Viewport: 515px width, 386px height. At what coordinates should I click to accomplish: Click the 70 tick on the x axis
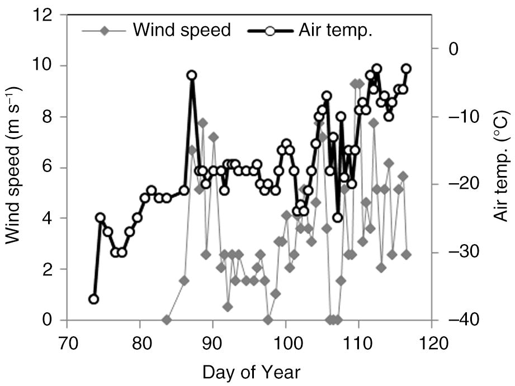point(67,340)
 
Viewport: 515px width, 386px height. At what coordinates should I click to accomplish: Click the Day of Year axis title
point(251,371)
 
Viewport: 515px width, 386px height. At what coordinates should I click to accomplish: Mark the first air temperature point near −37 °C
point(93,299)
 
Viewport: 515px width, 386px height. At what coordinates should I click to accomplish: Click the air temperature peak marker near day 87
point(192,75)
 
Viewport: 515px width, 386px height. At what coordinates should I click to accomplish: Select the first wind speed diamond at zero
point(166,320)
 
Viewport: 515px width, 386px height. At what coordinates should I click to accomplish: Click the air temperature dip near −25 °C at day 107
point(337,218)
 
